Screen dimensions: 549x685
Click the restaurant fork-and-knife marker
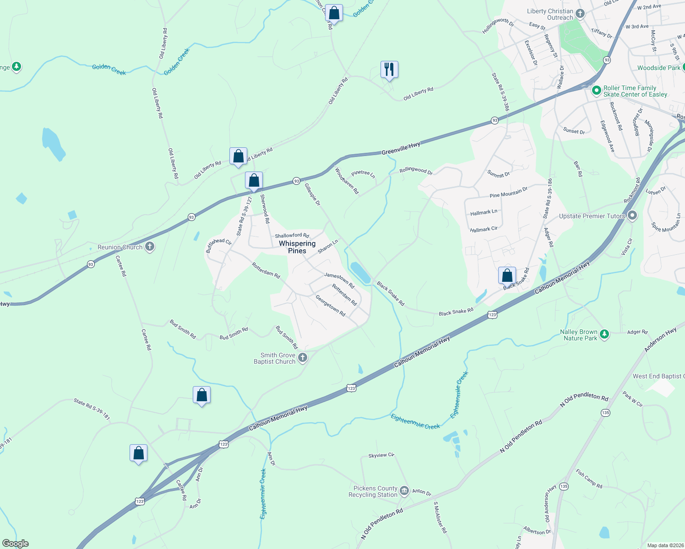coord(389,70)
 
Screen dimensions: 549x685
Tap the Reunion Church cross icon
coord(149,247)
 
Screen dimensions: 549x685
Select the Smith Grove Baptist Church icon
coord(302,358)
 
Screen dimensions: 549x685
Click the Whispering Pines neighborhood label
coord(297,247)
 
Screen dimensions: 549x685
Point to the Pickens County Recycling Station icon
coord(404,491)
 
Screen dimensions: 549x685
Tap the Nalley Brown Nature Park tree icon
coord(604,334)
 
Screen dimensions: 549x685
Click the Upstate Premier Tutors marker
coord(632,215)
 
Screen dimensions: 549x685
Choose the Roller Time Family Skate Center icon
coord(596,91)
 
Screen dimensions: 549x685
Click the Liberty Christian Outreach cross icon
coord(580,14)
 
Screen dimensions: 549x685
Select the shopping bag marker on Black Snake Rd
coord(507,275)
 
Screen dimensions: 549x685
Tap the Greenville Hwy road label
coord(401,148)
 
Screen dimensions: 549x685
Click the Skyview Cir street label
coord(381,456)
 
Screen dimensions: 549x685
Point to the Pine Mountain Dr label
coord(508,192)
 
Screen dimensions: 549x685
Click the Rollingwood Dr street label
coord(416,170)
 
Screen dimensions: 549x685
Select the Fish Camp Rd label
coord(589,479)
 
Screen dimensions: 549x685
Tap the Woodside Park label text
coord(658,68)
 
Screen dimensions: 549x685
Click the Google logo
coord(15,544)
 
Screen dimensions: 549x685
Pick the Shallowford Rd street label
coord(292,236)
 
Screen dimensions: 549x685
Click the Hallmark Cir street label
coord(484,229)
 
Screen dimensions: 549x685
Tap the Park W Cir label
coord(632,399)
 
